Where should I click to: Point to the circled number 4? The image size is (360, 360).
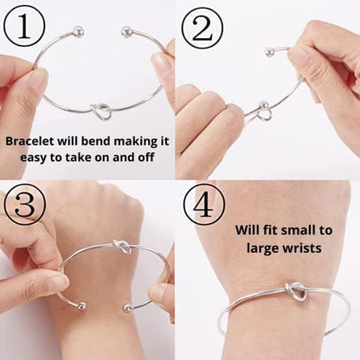coord(204,206)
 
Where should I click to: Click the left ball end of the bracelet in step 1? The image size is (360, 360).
coord(79,31)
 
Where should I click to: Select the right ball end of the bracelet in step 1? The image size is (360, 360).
coord(127,31)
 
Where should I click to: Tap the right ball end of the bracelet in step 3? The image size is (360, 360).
coord(128,307)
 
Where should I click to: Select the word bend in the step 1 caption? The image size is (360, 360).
coord(103,141)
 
